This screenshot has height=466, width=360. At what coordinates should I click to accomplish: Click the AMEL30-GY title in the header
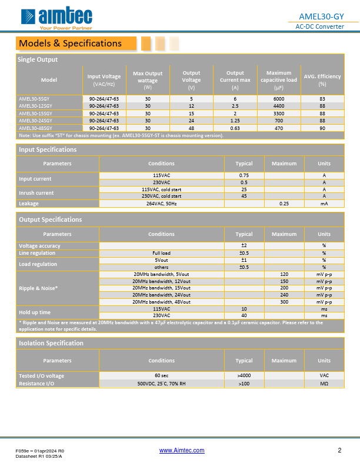322,16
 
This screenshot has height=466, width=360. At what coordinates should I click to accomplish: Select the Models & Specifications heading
71,43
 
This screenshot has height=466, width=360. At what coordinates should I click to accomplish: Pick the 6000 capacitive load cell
278,99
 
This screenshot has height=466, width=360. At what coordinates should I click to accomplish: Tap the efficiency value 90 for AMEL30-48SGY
322,128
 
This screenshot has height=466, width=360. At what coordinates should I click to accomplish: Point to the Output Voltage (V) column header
191,76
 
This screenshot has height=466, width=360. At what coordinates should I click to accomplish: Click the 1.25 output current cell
235,121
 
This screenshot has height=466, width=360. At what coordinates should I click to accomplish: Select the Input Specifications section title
48,149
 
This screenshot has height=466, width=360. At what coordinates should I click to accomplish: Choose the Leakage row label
29,204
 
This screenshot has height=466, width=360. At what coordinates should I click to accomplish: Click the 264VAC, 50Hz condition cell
161,204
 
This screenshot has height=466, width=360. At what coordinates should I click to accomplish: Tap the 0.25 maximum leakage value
284,204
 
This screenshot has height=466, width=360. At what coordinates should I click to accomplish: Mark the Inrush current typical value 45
244,197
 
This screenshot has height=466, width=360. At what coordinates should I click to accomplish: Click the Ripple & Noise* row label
39,288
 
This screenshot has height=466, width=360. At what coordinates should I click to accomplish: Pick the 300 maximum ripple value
284,302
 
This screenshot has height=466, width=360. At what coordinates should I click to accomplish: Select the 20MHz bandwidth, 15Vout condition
161,288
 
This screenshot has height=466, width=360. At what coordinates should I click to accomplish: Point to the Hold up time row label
35,312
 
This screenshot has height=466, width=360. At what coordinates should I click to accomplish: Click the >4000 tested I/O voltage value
244,375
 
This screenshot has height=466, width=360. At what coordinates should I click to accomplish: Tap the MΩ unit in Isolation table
324,383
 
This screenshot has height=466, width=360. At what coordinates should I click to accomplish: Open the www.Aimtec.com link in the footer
182,451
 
